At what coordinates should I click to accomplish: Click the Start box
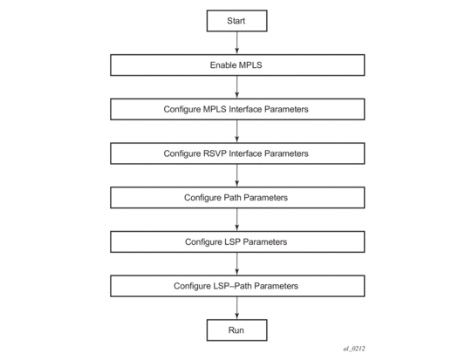pyautogui.click(x=236, y=21)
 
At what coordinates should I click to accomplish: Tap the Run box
pyautogui.click(x=236, y=329)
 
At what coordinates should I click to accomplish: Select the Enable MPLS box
pyautogui.click(x=237, y=65)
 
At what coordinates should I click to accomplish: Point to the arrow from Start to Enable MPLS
pyautogui.click(x=237, y=43)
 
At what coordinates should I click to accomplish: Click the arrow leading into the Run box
pyautogui.click(x=237, y=308)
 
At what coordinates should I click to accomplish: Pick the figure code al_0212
pyautogui.click(x=354, y=349)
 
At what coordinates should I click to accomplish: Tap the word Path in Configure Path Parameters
pyautogui.click(x=232, y=198)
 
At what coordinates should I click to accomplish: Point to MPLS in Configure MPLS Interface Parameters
pyautogui.click(x=215, y=109)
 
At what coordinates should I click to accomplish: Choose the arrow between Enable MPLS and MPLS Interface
pyautogui.click(x=237, y=87)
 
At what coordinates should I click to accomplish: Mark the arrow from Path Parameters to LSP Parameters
pyautogui.click(x=237, y=220)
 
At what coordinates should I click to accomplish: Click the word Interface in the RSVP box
pyautogui.click(x=245, y=153)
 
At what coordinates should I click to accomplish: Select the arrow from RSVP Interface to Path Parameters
pyautogui.click(x=237, y=175)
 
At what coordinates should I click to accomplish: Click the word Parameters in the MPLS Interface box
pyautogui.click(x=286, y=109)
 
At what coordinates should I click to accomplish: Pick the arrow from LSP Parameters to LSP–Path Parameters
pyautogui.click(x=237, y=264)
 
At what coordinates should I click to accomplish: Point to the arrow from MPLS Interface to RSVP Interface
pyautogui.click(x=237, y=131)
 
